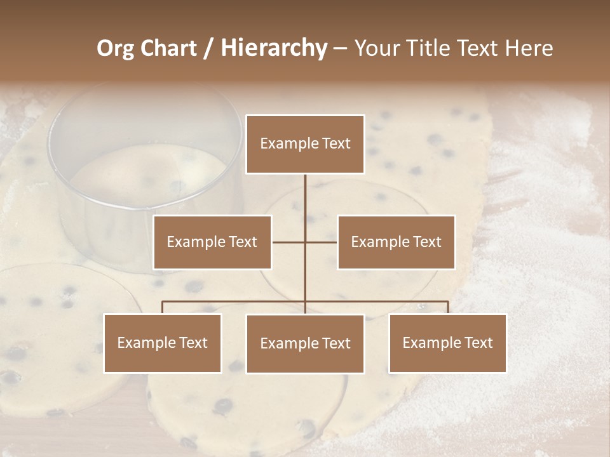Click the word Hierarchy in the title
[x=274, y=48]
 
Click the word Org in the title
[x=116, y=48]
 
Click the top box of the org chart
[x=305, y=144]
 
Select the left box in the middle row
[x=212, y=242]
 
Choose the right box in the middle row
[x=396, y=242]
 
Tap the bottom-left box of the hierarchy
[x=163, y=343]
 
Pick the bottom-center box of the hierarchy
[x=305, y=344]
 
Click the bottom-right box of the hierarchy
[x=447, y=343]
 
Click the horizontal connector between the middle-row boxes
[x=289, y=242]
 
